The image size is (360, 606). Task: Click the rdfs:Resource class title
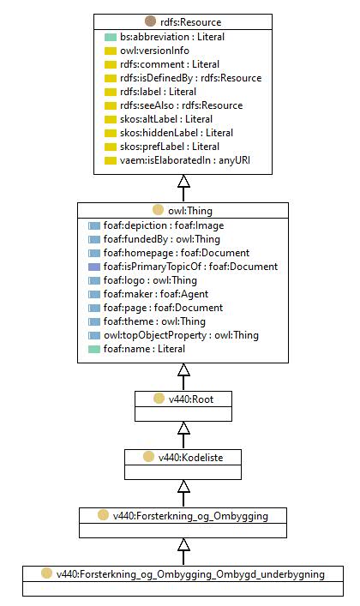190,22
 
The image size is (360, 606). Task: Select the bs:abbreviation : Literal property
172,37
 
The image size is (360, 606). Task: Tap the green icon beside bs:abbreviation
111,37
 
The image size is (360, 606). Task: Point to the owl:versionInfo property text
154,51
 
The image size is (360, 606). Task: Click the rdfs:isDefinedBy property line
190,78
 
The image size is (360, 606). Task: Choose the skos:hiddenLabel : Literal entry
177,133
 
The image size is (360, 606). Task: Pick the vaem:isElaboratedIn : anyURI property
185,160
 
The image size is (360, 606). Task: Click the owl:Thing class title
190,211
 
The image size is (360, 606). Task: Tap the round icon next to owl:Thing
159,210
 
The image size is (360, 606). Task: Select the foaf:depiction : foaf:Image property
164,225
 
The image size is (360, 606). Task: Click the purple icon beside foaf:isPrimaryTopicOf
94,267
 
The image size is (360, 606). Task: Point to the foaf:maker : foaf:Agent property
156,294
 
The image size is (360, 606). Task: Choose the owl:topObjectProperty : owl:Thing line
181,335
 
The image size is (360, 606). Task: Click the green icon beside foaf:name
94,349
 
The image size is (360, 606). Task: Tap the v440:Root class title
191,399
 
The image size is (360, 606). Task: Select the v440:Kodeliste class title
190,458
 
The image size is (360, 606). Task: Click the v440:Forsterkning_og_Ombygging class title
190,516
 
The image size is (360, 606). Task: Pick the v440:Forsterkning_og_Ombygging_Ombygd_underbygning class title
190,574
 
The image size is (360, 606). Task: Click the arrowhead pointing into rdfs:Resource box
183,181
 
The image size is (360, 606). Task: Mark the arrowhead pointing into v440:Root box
183,428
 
